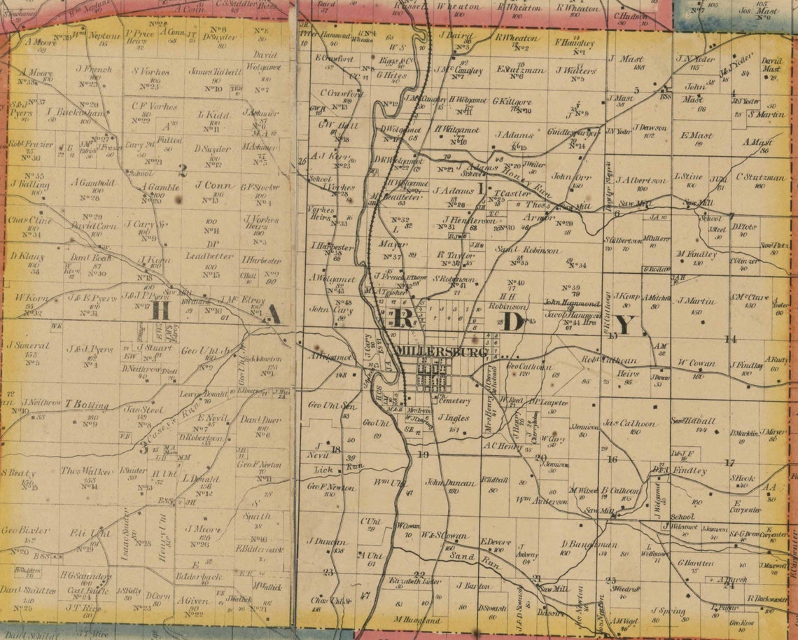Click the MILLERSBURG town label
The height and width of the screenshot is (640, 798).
(440, 352)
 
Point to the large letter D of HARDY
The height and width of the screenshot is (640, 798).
(510, 321)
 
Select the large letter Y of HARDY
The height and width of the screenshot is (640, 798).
(626, 324)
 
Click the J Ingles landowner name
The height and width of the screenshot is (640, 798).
(453, 418)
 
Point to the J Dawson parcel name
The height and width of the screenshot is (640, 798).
(650, 127)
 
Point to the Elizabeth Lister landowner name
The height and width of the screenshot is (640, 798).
(416, 580)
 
